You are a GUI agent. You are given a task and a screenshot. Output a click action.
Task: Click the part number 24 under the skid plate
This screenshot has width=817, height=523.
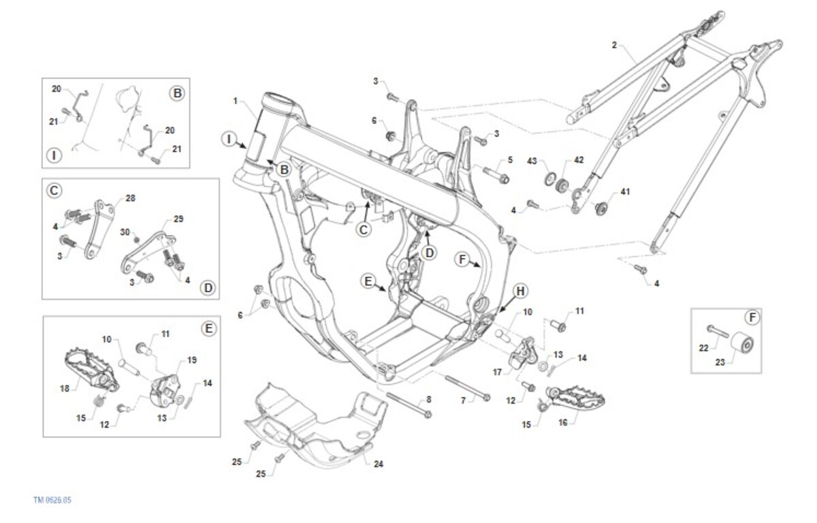pyautogui.click(x=379, y=464)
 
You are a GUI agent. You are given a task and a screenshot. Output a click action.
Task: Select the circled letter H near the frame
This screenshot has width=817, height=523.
pyautogui.click(x=520, y=291)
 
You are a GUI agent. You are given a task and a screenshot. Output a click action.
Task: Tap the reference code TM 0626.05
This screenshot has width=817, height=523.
pyautogui.click(x=52, y=500)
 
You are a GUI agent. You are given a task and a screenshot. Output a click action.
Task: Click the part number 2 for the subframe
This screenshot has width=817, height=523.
pyautogui.click(x=614, y=46)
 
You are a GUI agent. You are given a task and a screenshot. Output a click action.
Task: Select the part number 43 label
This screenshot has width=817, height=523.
pyautogui.click(x=532, y=161)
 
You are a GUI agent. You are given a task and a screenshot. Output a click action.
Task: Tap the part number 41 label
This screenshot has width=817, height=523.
pyautogui.click(x=625, y=192)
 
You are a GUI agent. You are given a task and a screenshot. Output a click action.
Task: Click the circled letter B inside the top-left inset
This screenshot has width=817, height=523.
pyautogui.click(x=177, y=93)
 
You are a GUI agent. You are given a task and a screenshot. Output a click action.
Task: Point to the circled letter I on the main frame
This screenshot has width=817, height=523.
pyautogui.click(x=229, y=140)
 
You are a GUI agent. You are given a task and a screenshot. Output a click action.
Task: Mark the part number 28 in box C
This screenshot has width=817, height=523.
pyautogui.click(x=130, y=198)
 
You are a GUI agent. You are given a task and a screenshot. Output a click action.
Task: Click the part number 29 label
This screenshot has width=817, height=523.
pyautogui.click(x=178, y=219)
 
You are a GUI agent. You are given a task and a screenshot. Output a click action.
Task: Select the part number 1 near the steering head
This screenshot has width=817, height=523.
pyautogui.click(x=235, y=101)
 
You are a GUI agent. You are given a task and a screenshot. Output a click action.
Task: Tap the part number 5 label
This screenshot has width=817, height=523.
pyautogui.click(x=508, y=161)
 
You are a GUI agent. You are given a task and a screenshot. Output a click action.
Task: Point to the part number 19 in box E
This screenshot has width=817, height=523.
pyautogui.click(x=192, y=359)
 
